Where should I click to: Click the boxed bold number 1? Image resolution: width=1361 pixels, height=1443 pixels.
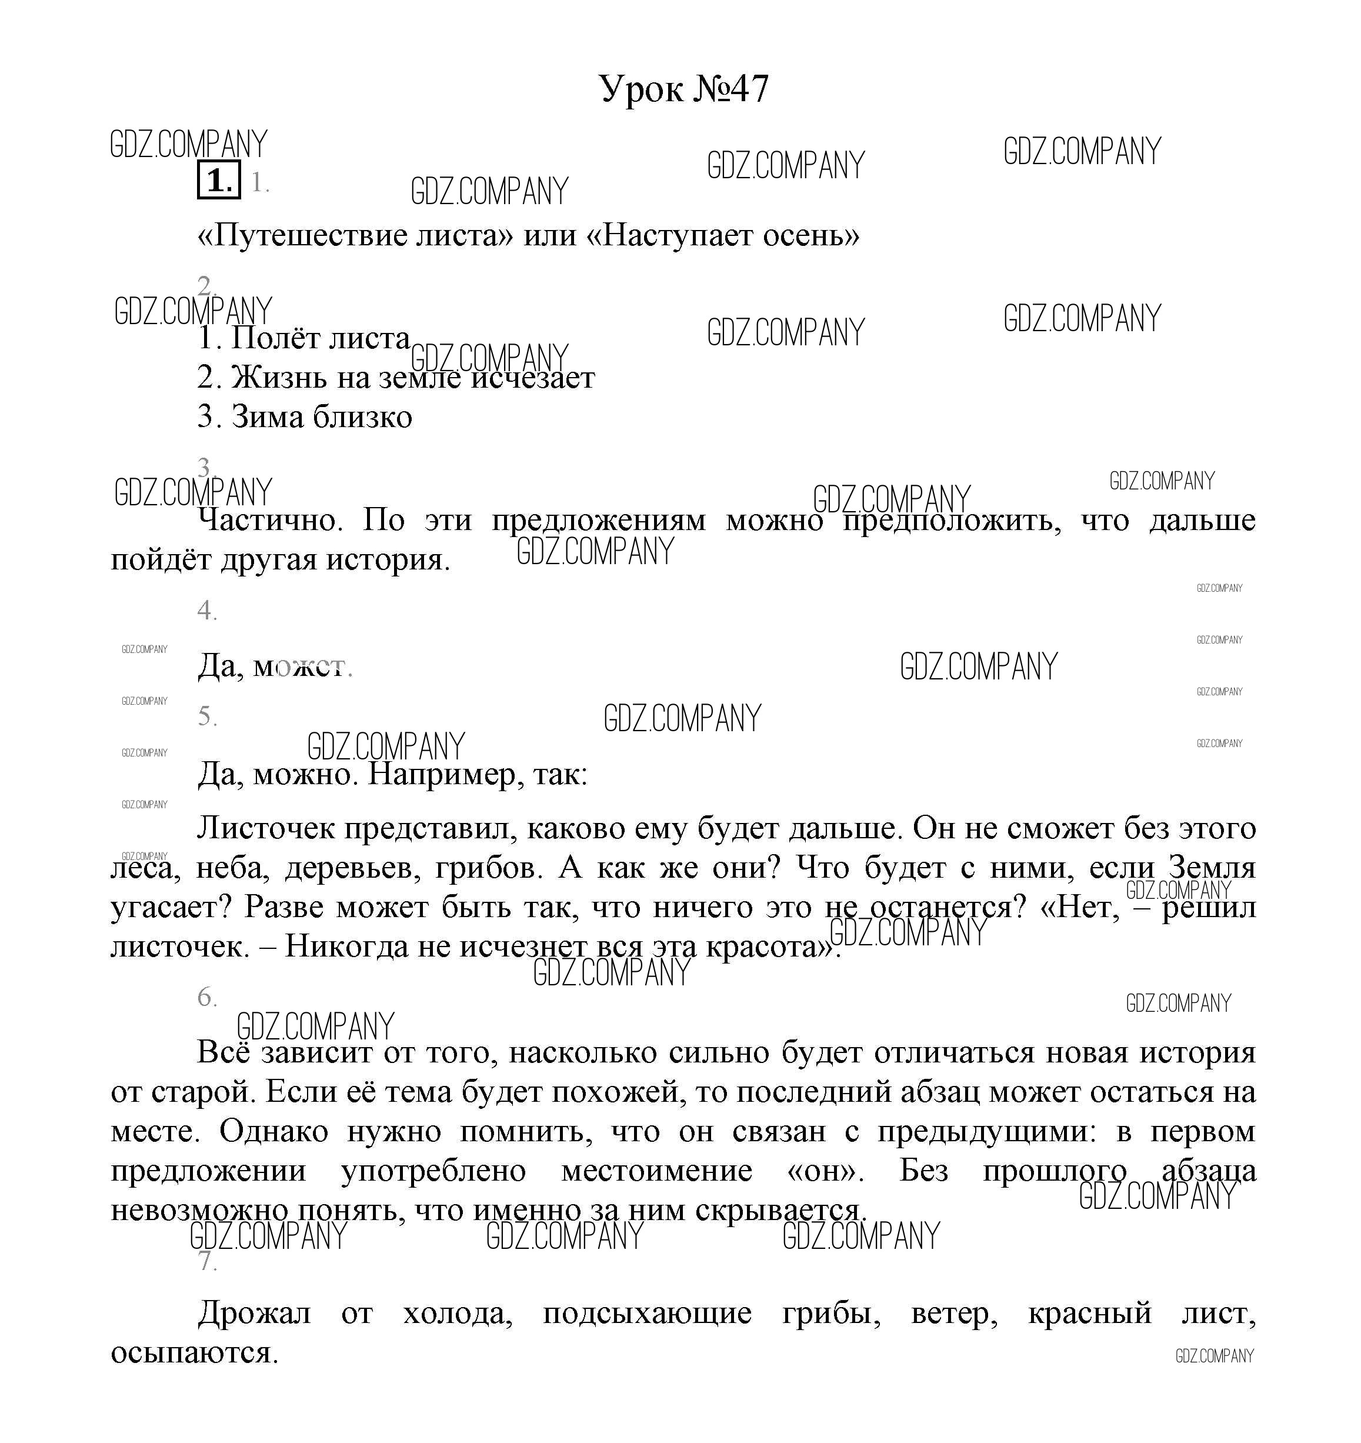click(x=218, y=180)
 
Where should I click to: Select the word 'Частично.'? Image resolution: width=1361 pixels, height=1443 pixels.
click(x=270, y=521)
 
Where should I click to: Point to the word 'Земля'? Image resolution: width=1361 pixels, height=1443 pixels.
click(x=1212, y=868)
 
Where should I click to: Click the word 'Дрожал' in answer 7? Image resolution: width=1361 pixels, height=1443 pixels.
click(x=254, y=1313)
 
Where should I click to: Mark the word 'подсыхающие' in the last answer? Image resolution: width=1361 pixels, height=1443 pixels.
click(x=647, y=1313)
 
